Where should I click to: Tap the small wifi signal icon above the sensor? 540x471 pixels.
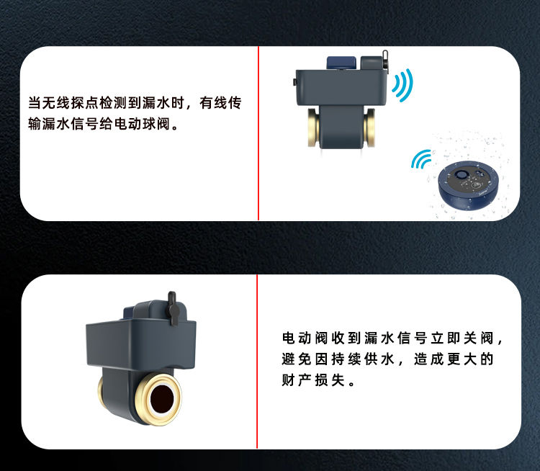[x=421, y=160]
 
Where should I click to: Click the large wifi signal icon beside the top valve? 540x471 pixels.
[x=403, y=85]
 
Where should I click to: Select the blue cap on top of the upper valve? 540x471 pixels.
[x=341, y=63]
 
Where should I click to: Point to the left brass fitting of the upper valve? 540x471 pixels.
[x=313, y=128]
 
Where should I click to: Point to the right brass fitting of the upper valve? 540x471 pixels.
[x=369, y=128]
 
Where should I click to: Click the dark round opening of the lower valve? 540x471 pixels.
[x=162, y=399]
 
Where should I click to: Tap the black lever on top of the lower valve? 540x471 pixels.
[x=173, y=309]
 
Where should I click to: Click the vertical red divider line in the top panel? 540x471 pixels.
[x=258, y=133]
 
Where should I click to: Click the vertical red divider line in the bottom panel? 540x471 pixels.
[x=257, y=362]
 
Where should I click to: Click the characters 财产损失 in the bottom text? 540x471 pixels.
[x=313, y=380]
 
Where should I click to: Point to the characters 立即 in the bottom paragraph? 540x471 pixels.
[x=446, y=338]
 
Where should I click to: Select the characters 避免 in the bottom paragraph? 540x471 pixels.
[x=297, y=359]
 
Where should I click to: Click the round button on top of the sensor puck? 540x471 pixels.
[x=461, y=175]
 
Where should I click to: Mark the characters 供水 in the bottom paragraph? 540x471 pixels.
[x=379, y=359]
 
